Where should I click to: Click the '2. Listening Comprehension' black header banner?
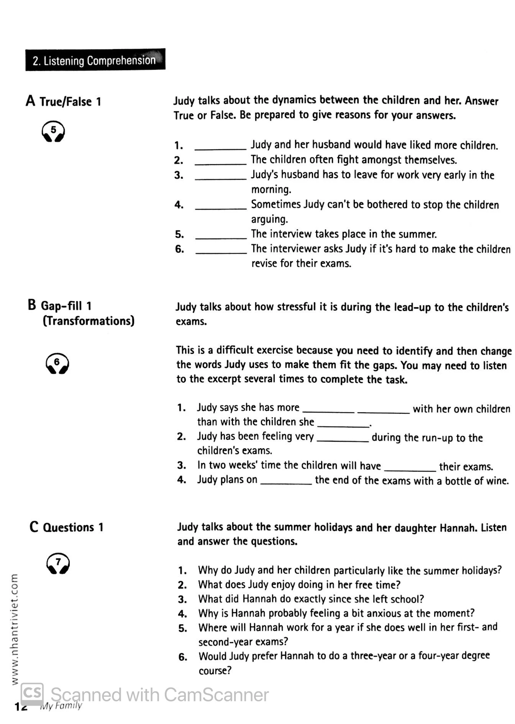95,60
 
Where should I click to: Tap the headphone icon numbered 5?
53,132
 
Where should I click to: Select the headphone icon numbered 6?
57,363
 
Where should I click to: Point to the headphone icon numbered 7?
58,563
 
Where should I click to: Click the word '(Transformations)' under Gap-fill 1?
89,321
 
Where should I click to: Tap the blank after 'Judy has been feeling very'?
343,440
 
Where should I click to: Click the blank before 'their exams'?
410,469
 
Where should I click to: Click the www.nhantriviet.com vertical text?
14,629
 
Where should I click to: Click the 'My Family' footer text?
61,706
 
